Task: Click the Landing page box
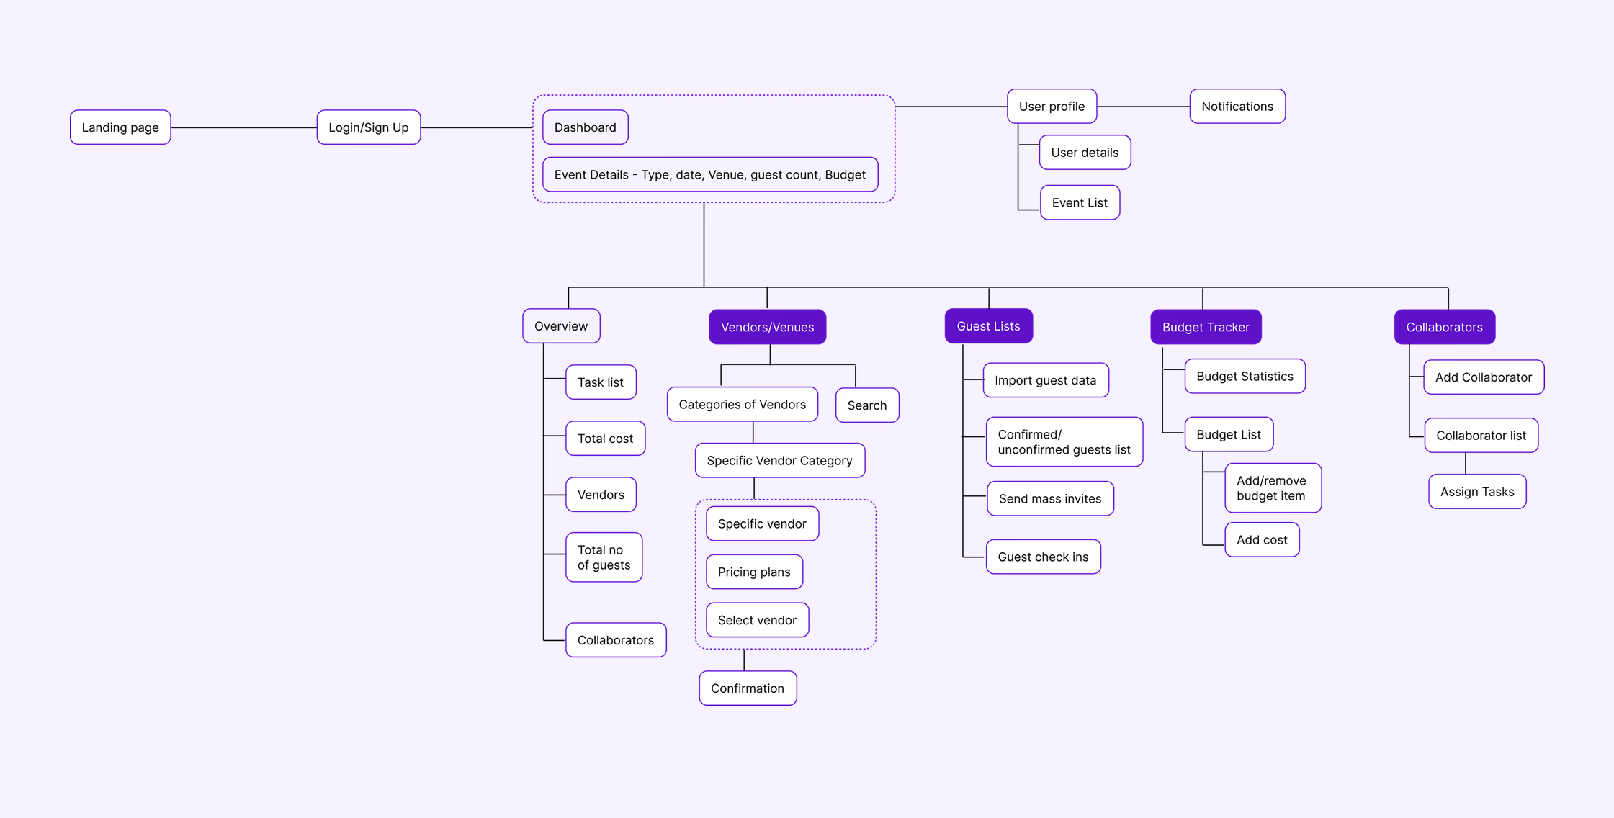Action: pyautogui.click(x=120, y=127)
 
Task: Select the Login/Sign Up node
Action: pyautogui.click(x=368, y=127)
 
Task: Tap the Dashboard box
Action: pyautogui.click(x=585, y=127)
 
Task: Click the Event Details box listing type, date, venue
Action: pyautogui.click(x=709, y=174)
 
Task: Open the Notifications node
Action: pyautogui.click(x=1237, y=107)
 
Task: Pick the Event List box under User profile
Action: pyautogui.click(x=1079, y=203)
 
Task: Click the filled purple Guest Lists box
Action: pyautogui.click(x=988, y=326)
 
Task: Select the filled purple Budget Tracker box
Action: pyautogui.click(x=1205, y=327)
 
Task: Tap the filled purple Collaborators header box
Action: pyautogui.click(x=1444, y=327)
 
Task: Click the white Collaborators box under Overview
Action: pyautogui.click(x=615, y=640)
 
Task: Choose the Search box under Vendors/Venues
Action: pyautogui.click(x=866, y=405)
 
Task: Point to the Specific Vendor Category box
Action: pyautogui.click(x=779, y=461)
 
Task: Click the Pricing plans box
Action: pyautogui.click(x=753, y=572)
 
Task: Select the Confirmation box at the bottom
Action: pyautogui.click(x=747, y=688)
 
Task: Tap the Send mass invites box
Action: pyautogui.click(x=1049, y=499)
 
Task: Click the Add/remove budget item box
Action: pyautogui.click(x=1272, y=488)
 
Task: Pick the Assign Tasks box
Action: pyautogui.click(x=1476, y=492)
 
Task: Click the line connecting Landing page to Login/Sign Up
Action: pyautogui.click(x=243, y=127)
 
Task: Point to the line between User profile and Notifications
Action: pyautogui.click(x=1143, y=107)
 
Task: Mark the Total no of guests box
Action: pyautogui.click(x=604, y=557)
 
